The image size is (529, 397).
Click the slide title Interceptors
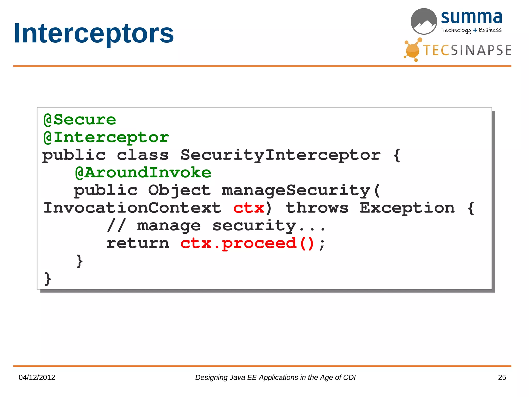[x=94, y=34]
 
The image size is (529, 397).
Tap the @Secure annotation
[x=80, y=120]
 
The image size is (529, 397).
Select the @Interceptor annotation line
[x=106, y=137]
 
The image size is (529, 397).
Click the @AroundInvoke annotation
[x=143, y=173]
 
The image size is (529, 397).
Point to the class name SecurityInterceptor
[x=281, y=155]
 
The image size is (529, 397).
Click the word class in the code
[x=143, y=155]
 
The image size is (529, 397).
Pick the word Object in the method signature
[x=180, y=190]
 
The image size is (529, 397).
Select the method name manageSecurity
[x=296, y=190]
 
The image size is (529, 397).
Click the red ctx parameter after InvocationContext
[x=249, y=208]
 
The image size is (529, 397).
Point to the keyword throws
[x=317, y=208]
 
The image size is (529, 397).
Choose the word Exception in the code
[x=407, y=208]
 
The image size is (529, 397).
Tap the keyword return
[x=138, y=243]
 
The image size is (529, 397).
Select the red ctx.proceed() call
[x=247, y=243]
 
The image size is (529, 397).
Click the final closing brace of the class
[x=48, y=279]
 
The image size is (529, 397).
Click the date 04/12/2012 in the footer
[x=37, y=377]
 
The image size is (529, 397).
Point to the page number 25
[x=502, y=377]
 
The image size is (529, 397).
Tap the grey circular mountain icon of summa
[x=424, y=21]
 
